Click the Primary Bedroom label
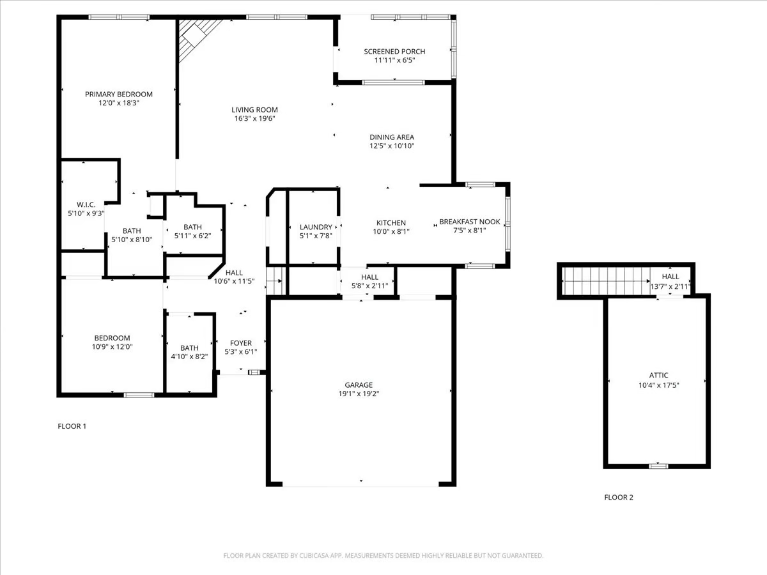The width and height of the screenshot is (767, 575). coord(119,94)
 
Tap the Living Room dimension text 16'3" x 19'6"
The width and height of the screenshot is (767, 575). coord(254,118)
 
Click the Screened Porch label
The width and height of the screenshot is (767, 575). coord(394,52)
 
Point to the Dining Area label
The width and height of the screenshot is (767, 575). coord(392,137)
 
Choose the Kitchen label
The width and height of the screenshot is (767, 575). coord(391,222)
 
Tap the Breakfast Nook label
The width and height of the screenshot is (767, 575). coord(469,222)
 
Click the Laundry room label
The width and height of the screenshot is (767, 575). coord(316,227)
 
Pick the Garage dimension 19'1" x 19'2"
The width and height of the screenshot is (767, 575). coord(359,394)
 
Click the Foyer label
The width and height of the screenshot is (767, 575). coord(240,343)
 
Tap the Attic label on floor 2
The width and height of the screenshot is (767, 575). coord(658,376)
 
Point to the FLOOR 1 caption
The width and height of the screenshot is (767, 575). coord(72,426)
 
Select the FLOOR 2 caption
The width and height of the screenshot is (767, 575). coord(619,497)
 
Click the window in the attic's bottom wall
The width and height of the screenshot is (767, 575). coord(658,466)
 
